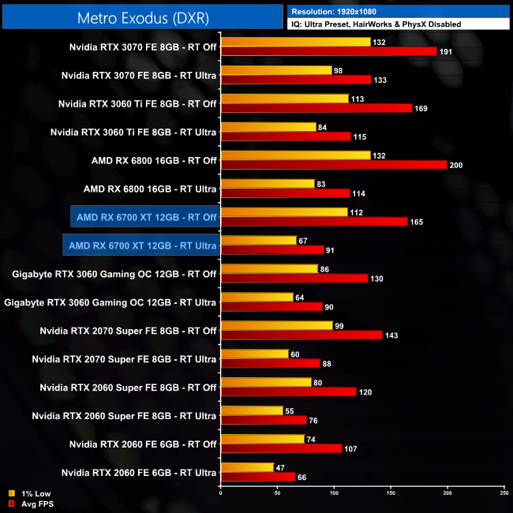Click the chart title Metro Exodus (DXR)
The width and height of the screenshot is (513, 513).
point(142,17)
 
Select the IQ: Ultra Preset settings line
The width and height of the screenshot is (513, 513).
point(376,24)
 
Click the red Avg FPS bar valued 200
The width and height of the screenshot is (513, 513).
point(334,165)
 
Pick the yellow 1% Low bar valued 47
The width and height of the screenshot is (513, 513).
point(247,467)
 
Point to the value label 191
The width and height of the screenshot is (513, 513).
point(447,52)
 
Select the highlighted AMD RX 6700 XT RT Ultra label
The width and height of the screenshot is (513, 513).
point(140,245)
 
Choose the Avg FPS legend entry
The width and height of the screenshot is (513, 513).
point(32,504)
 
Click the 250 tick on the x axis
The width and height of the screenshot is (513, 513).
point(504,493)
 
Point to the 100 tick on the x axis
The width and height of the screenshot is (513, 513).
point(334,493)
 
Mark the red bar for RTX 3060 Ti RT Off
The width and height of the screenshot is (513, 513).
point(316,108)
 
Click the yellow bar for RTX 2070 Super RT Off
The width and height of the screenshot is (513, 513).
point(276,325)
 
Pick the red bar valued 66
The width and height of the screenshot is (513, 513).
point(258,477)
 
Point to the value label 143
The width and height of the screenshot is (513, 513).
point(391,336)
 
